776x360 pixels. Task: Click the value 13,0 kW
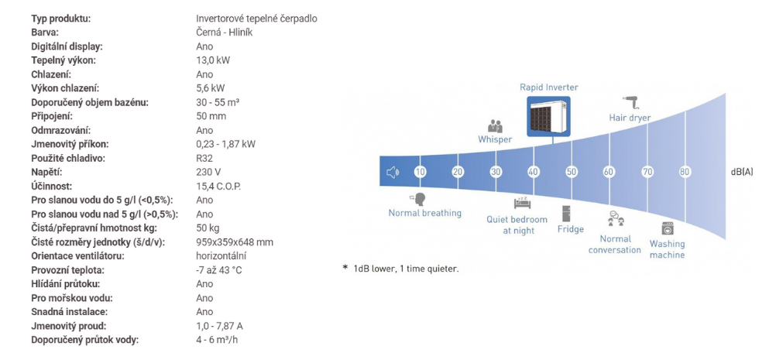213,60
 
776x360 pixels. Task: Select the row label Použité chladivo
68,158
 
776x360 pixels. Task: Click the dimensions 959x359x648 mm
235,242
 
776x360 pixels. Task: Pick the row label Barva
45,33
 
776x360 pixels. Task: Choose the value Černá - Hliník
225,33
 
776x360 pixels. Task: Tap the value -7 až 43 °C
219,270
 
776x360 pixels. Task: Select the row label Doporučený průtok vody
84,340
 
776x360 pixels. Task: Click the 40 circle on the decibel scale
534,172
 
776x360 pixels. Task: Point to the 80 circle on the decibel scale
685,172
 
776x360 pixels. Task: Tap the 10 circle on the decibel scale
421,172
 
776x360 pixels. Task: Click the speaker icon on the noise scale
393,172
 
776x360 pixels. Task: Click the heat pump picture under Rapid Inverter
548,115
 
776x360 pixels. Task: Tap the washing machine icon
667,228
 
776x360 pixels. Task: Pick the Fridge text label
571,229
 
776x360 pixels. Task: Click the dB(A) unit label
742,172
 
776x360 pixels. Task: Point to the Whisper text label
495,139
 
